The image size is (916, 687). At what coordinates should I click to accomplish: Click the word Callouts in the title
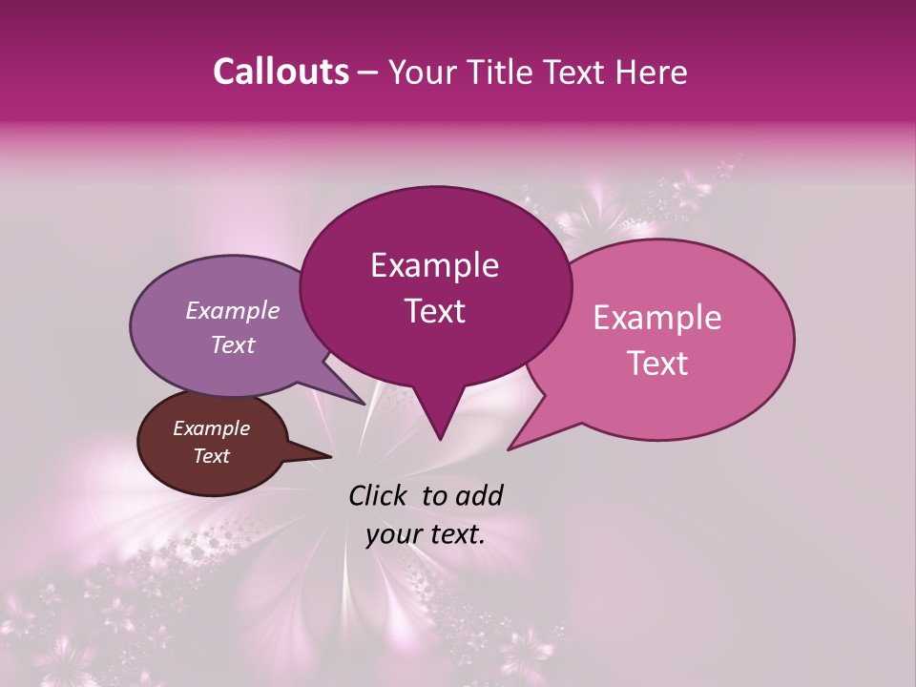tap(281, 72)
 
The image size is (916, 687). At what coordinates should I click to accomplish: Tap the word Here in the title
tap(650, 72)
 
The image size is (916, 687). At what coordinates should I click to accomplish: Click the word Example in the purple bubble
tap(232, 310)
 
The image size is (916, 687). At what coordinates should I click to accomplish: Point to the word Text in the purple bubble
tap(232, 344)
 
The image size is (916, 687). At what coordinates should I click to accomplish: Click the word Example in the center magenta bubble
tap(434, 265)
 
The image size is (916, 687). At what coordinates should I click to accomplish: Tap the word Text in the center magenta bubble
tap(434, 311)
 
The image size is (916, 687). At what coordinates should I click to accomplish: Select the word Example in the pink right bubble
tap(657, 318)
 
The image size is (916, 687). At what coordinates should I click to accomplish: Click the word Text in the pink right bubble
tap(657, 363)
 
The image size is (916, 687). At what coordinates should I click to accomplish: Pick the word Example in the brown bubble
tap(211, 428)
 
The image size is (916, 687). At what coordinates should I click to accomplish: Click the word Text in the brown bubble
tap(211, 456)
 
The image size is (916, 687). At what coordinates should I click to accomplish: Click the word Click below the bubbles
tap(379, 495)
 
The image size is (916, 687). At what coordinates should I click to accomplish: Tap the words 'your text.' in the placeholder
tap(426, 534)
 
